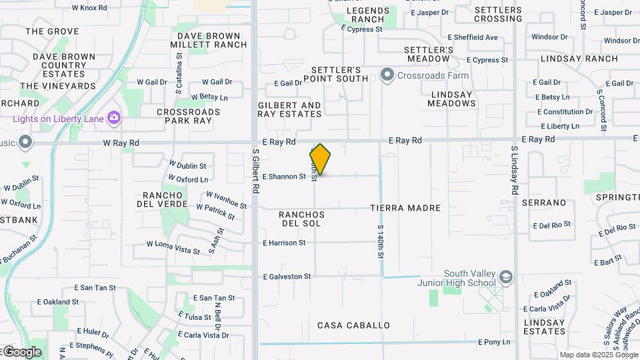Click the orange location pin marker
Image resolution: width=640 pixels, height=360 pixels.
point(320,159)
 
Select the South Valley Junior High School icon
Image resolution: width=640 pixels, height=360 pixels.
point(506,277)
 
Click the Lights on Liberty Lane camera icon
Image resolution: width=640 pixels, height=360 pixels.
point(114,119)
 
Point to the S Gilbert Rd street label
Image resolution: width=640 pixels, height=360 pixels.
point(255,171)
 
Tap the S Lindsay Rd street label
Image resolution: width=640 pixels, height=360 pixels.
point(515,171)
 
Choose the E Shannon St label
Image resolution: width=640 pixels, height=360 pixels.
point(284,177)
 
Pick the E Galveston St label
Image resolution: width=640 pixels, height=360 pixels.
point(287,276)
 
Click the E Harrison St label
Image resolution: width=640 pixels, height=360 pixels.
point(284,243)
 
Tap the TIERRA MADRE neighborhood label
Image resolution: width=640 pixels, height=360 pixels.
point(405,208)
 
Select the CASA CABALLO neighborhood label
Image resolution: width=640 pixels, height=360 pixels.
point(353,325)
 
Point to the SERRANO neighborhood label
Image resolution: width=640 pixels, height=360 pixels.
point(543,203)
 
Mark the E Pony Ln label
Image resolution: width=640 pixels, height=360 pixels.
point(494,342)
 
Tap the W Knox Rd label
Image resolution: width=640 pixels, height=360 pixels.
point(89,8)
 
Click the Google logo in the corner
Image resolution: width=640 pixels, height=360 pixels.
point(21,352)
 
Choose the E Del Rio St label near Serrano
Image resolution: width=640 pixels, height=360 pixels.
point(552,225)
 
